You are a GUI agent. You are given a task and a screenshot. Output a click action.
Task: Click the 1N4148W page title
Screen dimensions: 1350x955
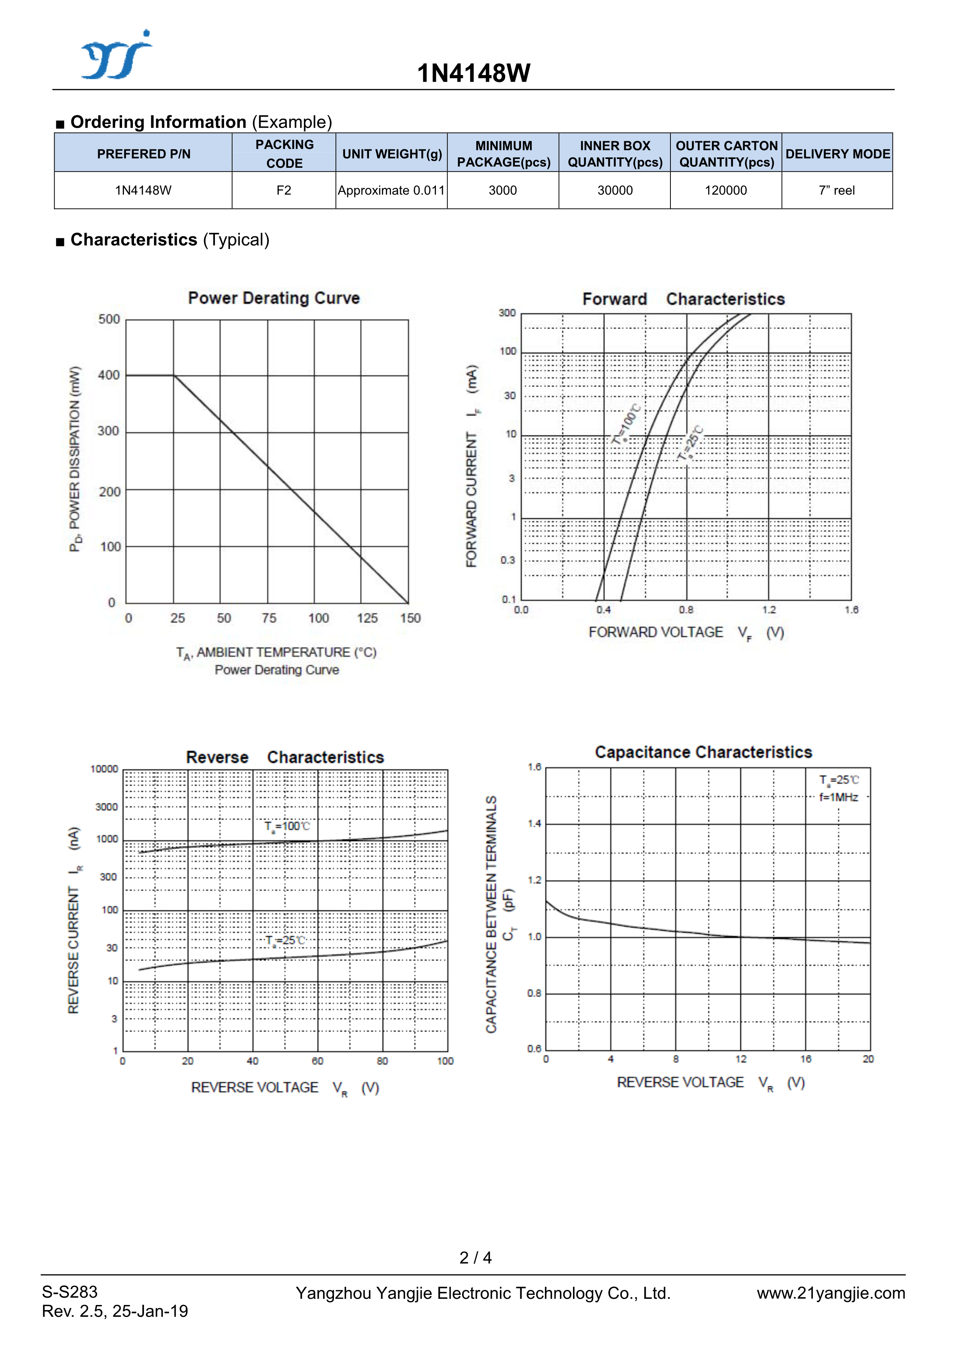click(x=474, y=74)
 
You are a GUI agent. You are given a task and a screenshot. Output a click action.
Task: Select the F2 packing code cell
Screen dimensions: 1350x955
click(x=284, y=190)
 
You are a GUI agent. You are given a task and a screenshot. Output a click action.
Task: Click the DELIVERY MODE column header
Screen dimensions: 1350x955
click(x=837, y=154)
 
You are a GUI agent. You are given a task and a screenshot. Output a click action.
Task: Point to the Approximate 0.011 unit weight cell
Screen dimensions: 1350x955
click(x=391, y=190)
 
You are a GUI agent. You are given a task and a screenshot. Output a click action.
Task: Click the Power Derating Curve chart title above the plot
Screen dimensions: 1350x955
click(x=274, y=298)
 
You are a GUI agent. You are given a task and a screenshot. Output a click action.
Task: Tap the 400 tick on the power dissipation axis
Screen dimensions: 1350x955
click(x=109, y=375)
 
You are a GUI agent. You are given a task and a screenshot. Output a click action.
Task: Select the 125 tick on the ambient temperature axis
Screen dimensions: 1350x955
click(x=367, y=618)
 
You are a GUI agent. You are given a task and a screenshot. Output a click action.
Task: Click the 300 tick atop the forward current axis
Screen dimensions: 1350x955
click(x=507, y=313)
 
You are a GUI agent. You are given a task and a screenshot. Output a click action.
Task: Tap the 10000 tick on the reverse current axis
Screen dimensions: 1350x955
click(x=104, y=769)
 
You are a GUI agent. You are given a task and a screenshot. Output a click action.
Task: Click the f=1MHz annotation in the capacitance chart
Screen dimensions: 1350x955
click(x=838, y=798)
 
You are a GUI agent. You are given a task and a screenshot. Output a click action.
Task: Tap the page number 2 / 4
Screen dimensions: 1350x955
click(x=476, y=1258)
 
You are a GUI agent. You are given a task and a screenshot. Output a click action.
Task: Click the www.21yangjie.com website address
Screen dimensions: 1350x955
click(x=831, y=1293)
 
